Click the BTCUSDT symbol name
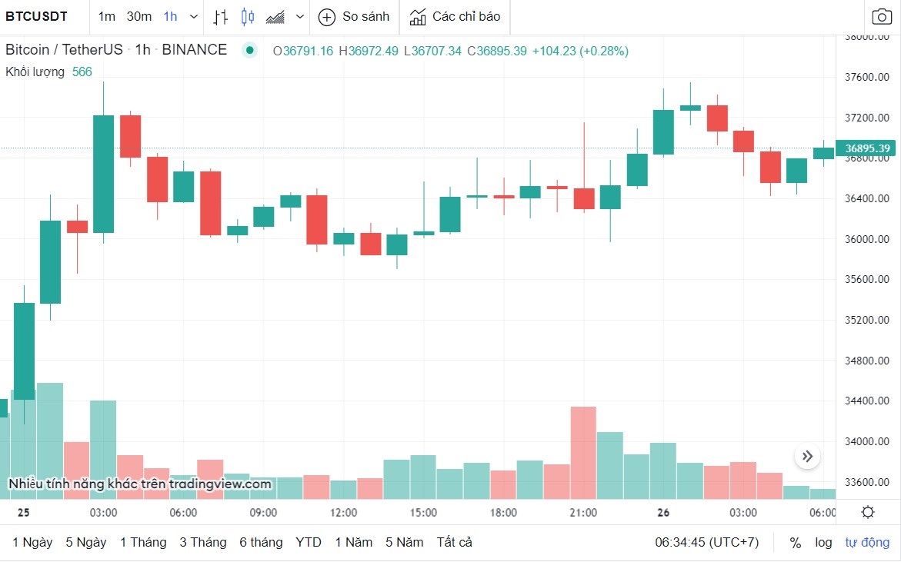(37, 16)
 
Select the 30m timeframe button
(139, 16)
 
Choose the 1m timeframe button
(107, 16)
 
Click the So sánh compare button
(354, 16)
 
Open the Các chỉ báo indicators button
(455, 16)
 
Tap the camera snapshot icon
(882, 16)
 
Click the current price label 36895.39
(867, 148)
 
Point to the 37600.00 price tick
(867, 77)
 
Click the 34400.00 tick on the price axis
(867, 401)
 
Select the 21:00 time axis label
(583, 513)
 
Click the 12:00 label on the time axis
(343, 513)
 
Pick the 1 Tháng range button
(143, 542)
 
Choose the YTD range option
(309, 542)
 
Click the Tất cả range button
(454, 542)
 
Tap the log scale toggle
(823, 542)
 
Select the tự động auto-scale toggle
(867, 542)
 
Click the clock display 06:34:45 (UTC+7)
(706, 542)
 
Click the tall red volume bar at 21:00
(583, 453)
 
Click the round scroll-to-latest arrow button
(807, 457)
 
